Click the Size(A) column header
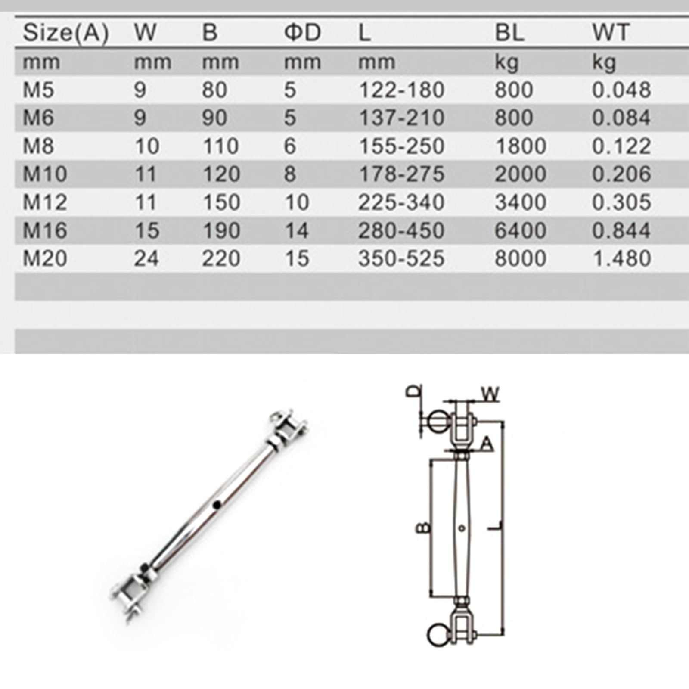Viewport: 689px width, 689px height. [x=65, y=33]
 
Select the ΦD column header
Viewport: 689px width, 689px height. [x=302, y=32]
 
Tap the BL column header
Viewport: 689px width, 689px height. [x=509, y=32]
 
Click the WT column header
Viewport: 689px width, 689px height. [x=611, y=32]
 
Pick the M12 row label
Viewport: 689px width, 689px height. [x=45, y=202]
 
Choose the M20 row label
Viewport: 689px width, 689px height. [x=45, y=258]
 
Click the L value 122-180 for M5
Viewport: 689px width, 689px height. [x=401, y=90]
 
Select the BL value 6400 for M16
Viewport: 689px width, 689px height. [x=520, y=230]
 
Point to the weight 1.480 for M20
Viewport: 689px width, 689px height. [x=621, y=258]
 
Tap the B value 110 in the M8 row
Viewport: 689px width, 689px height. [x=220, y=146]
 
